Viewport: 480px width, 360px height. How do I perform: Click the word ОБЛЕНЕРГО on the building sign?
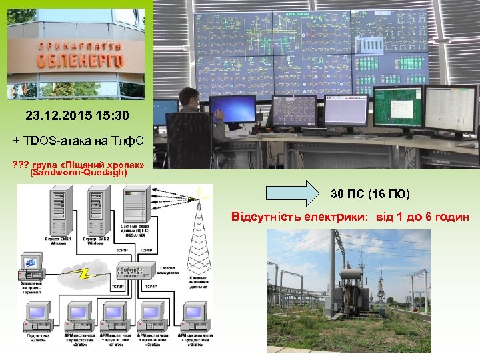pyautogui.click(x=81, y=61)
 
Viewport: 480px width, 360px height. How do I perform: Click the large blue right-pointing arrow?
pyautogui.click(x=293, y=194)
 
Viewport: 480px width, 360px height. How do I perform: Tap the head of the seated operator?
pyautogui.click(x=189, y=98)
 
